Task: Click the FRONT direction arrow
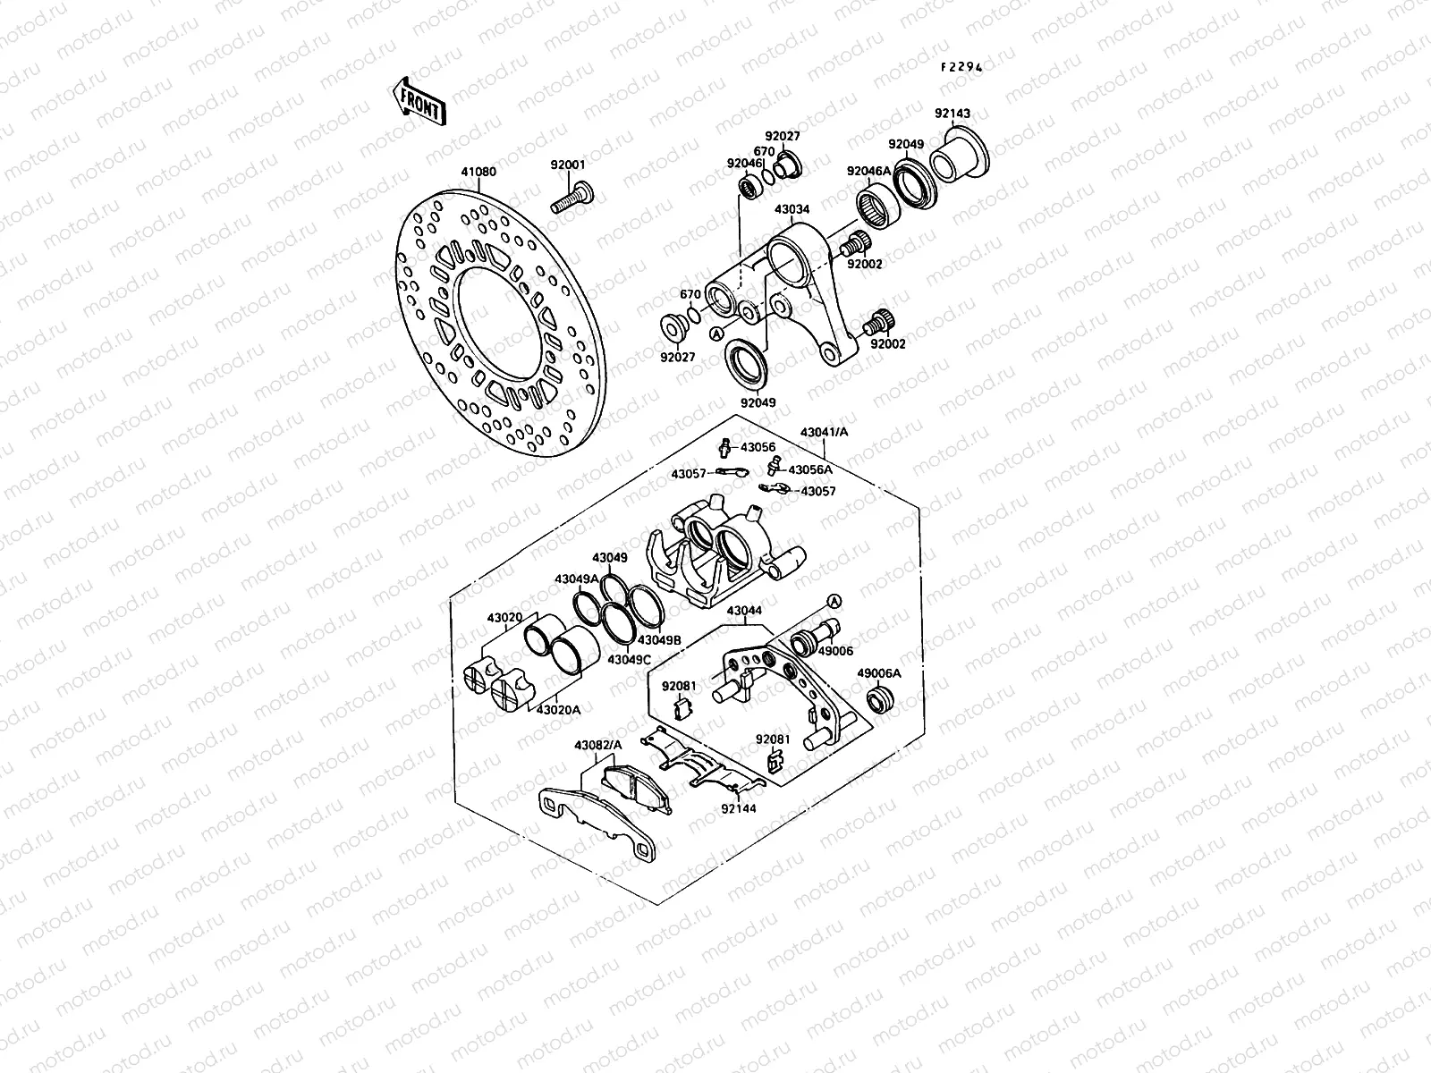tap(419, 102)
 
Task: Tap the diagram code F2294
tap(961, 66)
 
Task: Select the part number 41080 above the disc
tap(478, 172)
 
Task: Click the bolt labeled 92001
tap(572, 199)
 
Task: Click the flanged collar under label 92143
tap(959, 155)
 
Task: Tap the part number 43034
tap(792, 210)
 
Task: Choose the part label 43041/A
tap(824, 432)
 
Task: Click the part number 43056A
tap(810, 469)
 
